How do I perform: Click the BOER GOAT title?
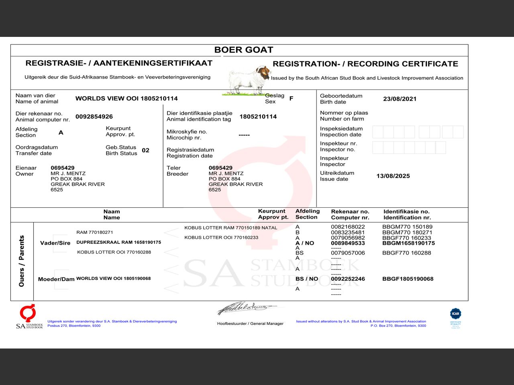(x=243, y=50)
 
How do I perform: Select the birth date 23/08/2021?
(x=400, y=99)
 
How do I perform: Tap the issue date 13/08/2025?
(x=393, y=176)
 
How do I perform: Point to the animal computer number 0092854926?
(x=94, y=117)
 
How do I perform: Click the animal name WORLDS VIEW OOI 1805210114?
(x=126, y=99)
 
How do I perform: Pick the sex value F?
(x=291, y=98)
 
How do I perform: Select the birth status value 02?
(x=145, y=150)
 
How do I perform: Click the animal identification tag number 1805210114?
(x=258, y=117)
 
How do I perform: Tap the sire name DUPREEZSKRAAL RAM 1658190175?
(x=118, y=242)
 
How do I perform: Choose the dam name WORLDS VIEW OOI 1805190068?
(x=113, y=278)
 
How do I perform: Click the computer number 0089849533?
(x=348, y=243)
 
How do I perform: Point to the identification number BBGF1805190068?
(x=408, y=279)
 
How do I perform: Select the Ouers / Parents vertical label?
(x=22, y=261)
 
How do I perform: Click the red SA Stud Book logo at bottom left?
(x=28, y=313)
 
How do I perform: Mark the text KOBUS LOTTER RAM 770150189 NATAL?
(x=230, y=228)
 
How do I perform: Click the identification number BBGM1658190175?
(x=408, y=243)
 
